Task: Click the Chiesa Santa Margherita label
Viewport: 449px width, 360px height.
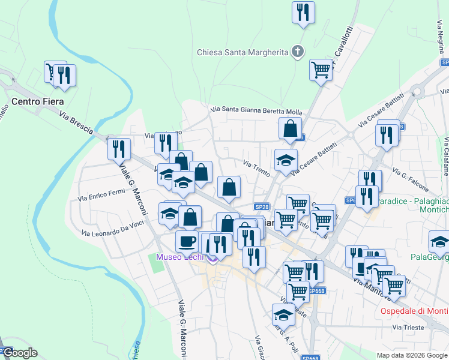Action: (243, 52)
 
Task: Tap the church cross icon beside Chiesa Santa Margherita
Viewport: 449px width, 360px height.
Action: (298, 52)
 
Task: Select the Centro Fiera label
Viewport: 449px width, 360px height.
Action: (38, 101)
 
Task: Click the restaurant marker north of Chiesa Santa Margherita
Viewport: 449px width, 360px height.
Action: (303, 13)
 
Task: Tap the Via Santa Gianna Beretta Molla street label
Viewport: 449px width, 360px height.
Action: (256, 111)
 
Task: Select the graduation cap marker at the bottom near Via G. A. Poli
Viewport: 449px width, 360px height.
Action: (283, 314)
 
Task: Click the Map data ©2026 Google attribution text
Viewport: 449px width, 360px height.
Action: (412, 355)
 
